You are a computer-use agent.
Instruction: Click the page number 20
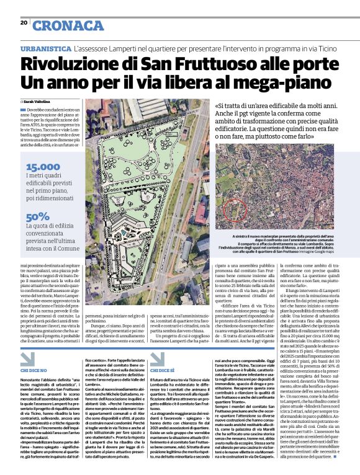pyautogui.click(x=24, y=23)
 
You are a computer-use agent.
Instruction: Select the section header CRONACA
pyautogui.click(x=68, y=25)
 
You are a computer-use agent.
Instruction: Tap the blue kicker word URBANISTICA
pyautogui.click(x=45, y=48)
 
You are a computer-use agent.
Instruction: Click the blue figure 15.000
pyautogui.click(x=43, y=167)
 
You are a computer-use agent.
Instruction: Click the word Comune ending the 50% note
pyautogui.click(x=84, y=247)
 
